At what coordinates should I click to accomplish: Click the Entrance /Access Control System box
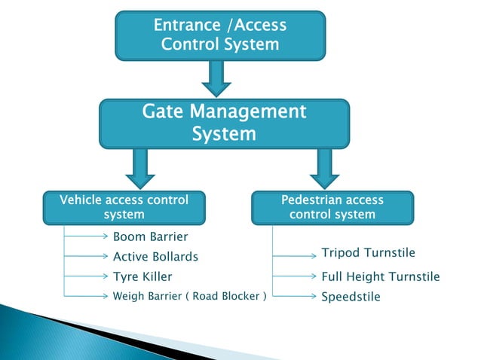point(220,35)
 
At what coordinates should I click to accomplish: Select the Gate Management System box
point(225,124)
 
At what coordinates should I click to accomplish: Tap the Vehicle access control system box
point(124,207)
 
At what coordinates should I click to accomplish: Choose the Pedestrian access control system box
point(332,207)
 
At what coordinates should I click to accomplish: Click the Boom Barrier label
point(150,237)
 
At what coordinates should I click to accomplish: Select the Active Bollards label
point(155,257)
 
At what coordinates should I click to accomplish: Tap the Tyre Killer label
point(142,276)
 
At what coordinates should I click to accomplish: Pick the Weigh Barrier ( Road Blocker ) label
point(189,296)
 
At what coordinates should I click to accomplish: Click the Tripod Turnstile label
point(368,252)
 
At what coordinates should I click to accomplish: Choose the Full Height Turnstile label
point(380,276)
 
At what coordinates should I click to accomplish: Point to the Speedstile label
point(351,297)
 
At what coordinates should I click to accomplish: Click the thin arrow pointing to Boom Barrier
point(86,236)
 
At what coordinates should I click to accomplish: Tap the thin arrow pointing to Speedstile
point(294,296)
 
